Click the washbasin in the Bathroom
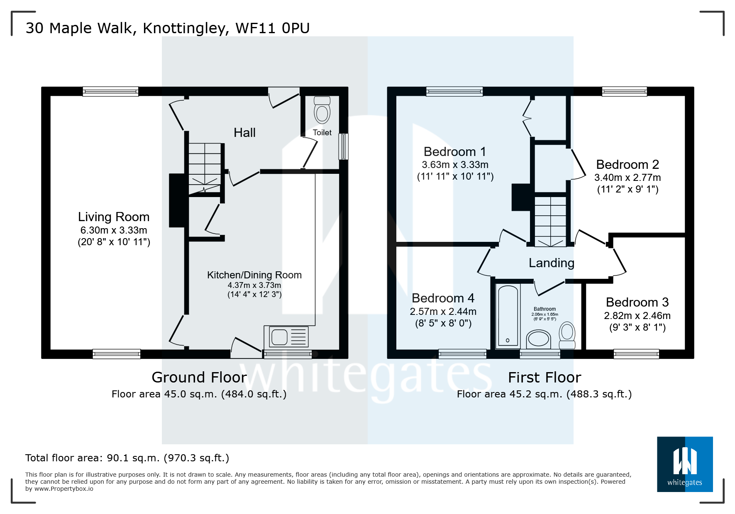pos(538,339)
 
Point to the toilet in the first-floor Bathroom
pos(567,336)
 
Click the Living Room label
pos(114,217)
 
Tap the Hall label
pos(244,133)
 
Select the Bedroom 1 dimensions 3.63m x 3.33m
pos(455,165)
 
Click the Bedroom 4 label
pos(443,298)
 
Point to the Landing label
pos(551,263)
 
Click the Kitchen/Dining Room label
pos(254,275)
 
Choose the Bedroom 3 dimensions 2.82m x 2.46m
pos(637,316)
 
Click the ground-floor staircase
pos(205,168)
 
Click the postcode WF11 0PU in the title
pos(272,28)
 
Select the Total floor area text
pos(127,458)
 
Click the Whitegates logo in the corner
pos(684,464)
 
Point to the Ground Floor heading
pos(199,378)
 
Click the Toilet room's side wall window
pos(343,146)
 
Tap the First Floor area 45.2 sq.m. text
pos(544,394)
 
